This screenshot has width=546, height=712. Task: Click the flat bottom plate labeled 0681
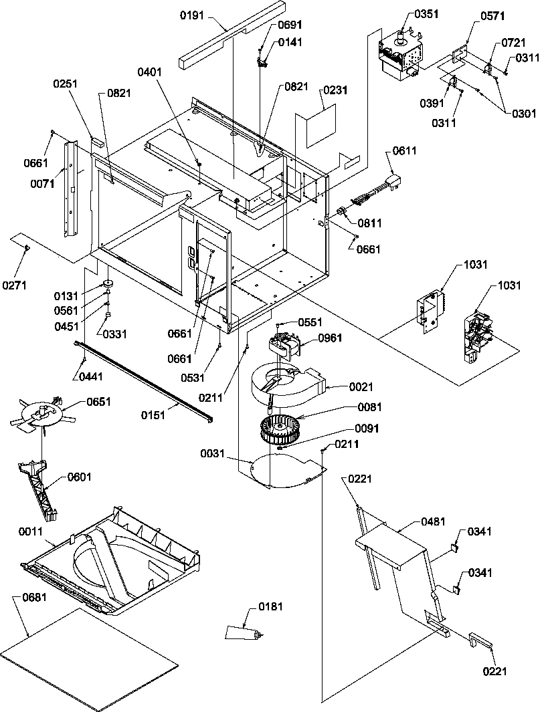pos(90,659)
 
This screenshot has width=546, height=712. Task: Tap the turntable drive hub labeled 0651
pos(43,414)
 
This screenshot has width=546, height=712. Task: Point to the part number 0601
pos(80,477)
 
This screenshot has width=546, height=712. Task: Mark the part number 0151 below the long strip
pos(154,415)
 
